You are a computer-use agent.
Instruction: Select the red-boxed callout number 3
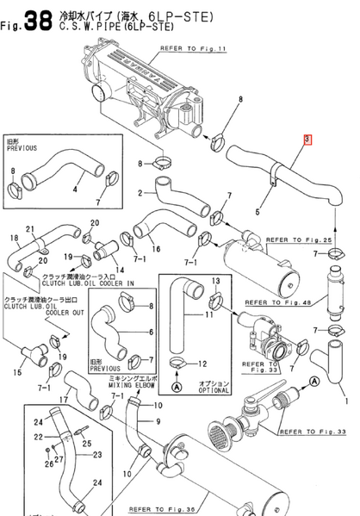pos(307,139)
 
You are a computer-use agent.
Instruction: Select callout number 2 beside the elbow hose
pos(140,194)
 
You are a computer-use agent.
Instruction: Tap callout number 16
pos(156,250)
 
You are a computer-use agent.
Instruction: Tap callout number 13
pos(215,282)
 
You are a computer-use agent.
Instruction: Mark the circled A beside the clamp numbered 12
pos(177,387)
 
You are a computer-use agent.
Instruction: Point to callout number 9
pos(158,421)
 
